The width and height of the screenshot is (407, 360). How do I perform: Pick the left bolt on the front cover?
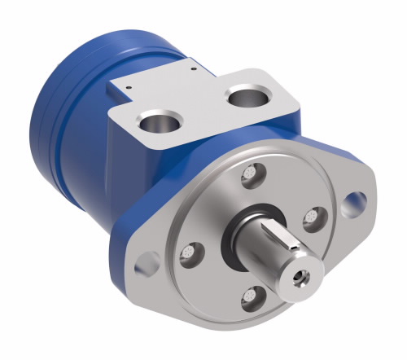(189, 252)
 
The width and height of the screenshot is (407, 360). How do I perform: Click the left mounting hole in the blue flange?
(147, 262)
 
